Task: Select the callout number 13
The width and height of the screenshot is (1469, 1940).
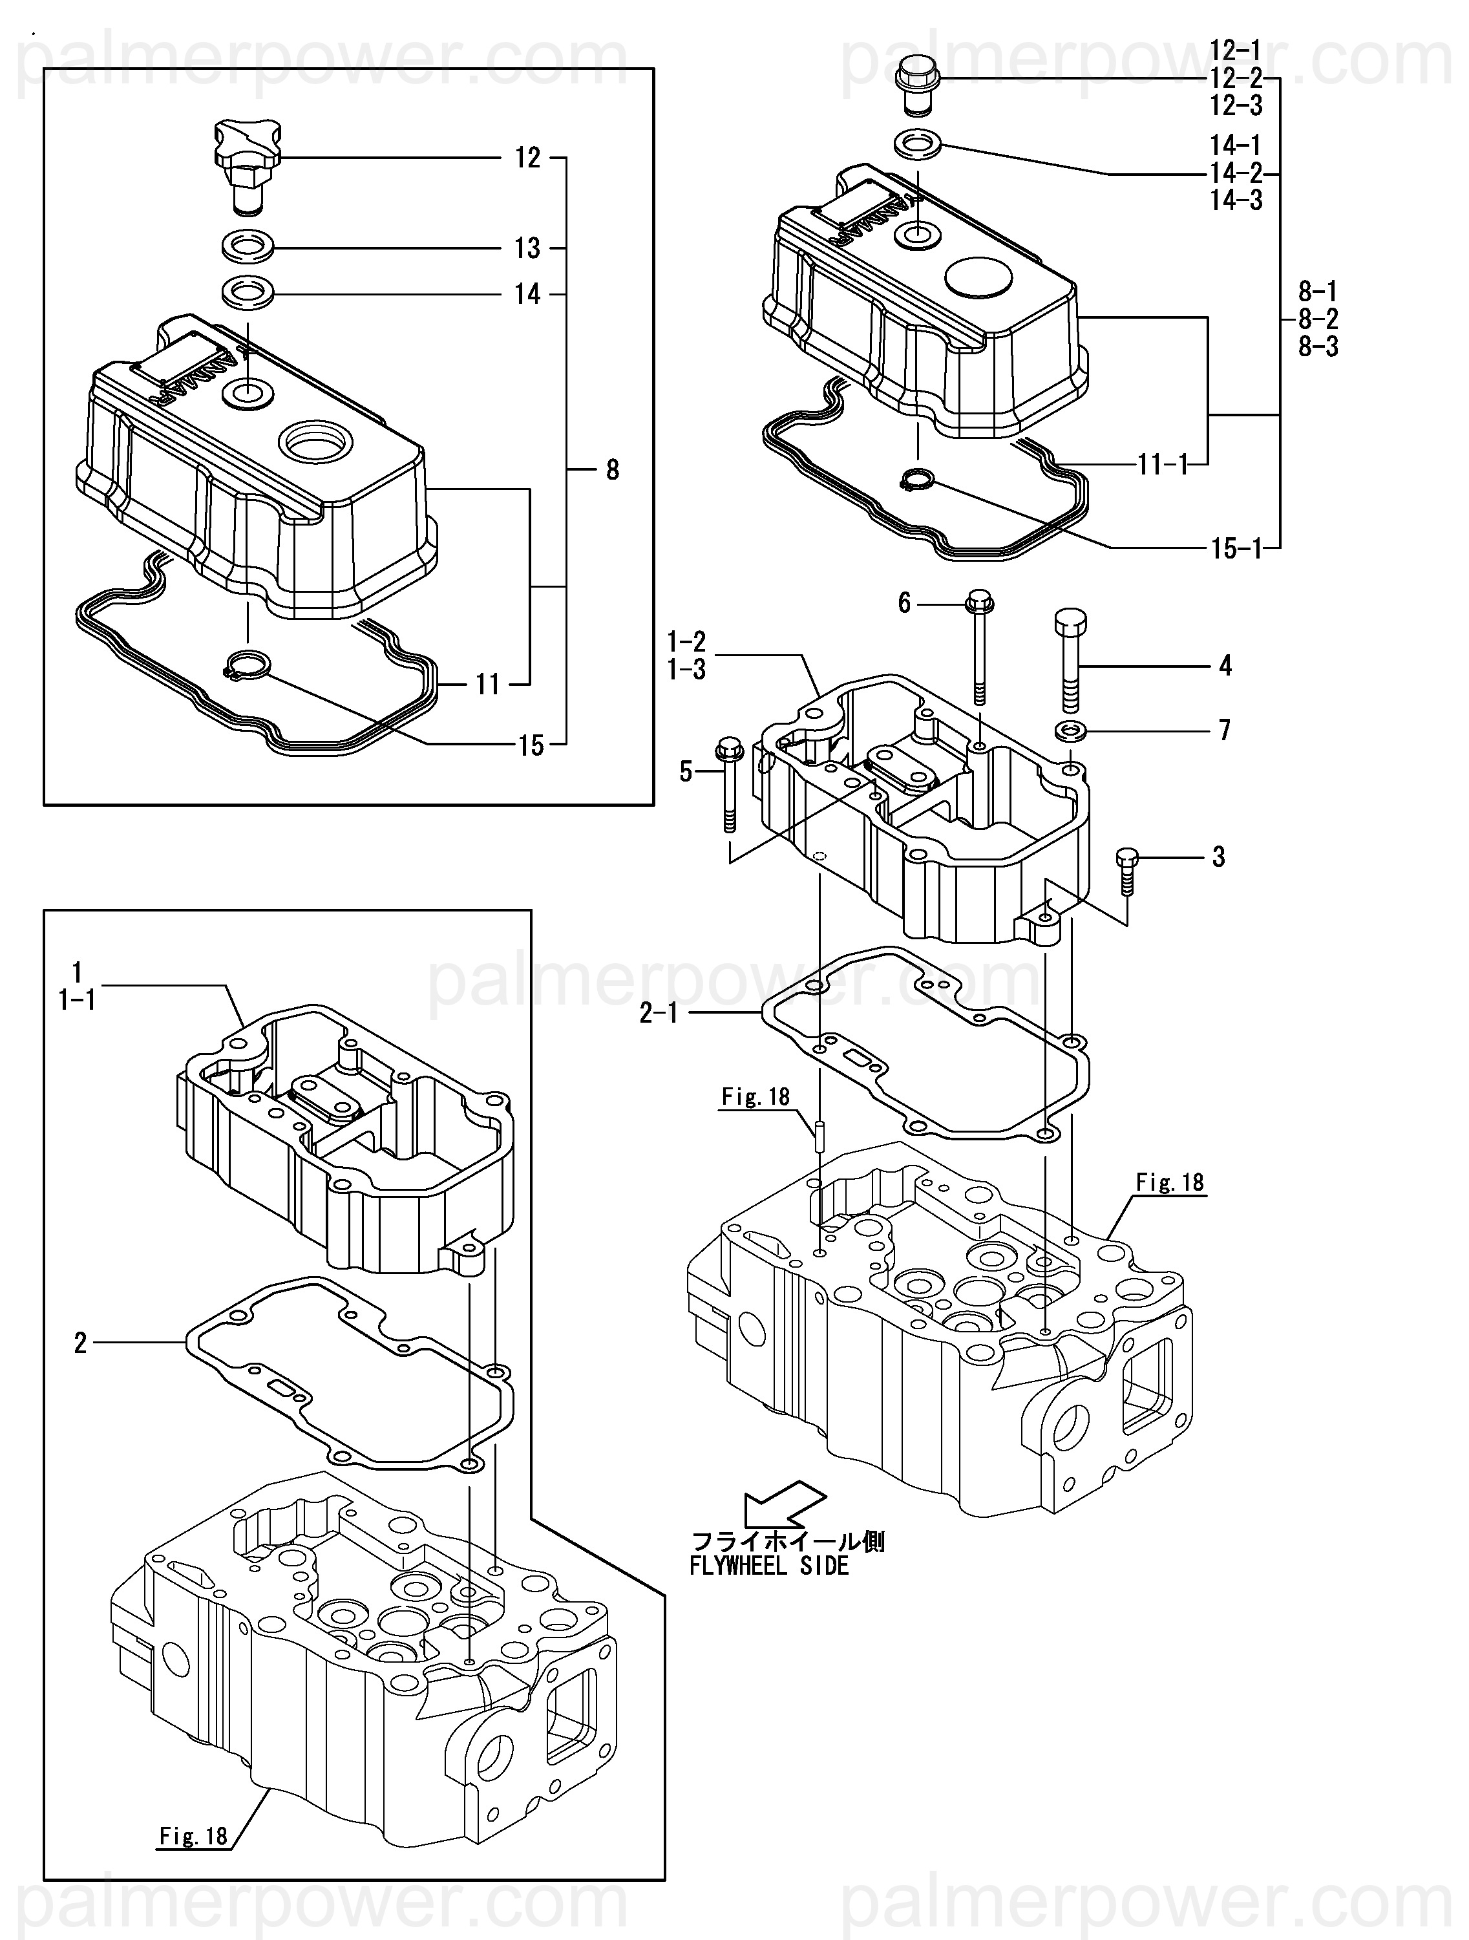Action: (527, 248)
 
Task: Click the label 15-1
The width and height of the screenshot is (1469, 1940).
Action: (1236, 548)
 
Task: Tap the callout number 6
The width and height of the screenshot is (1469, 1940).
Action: (904, 602)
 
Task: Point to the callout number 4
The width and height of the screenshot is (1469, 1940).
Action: (1225, 666)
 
